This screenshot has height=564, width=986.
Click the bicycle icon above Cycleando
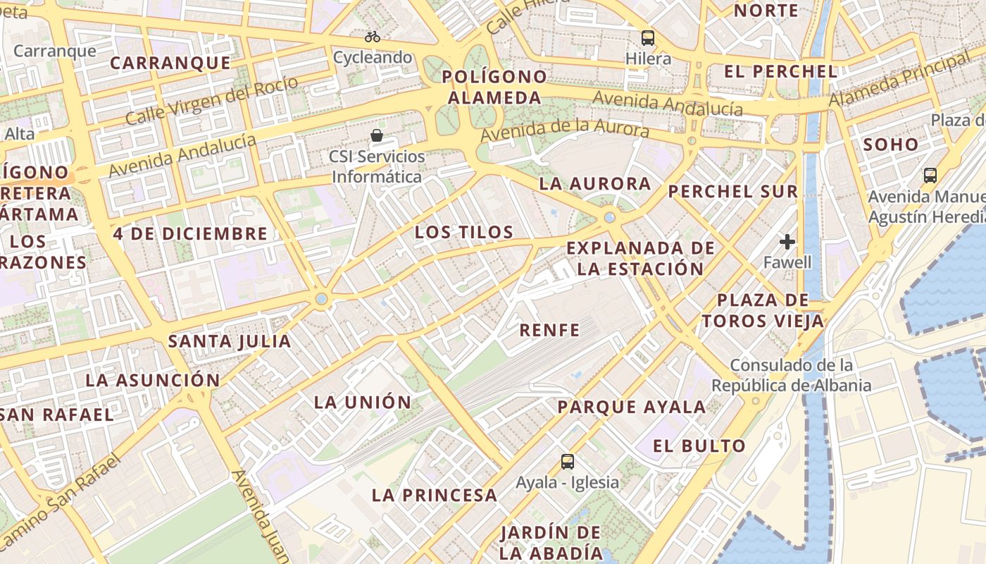(373, 37)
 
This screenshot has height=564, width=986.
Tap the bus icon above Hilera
(648, 38)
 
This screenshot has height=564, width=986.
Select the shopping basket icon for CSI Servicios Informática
(377, 135)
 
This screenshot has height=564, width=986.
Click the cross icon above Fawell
(787, 243)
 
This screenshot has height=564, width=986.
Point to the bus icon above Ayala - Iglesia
(568, 462)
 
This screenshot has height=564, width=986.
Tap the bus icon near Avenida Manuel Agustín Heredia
(930, 175)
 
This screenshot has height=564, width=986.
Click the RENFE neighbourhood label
(549, 330)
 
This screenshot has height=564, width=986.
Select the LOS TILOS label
(464, 232)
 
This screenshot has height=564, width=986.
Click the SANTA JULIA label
(230, 342)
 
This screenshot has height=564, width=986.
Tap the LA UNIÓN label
(363, 403)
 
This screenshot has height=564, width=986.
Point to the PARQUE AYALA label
(632, 407)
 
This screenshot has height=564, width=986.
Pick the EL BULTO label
(699, 446)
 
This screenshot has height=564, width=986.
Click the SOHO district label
(891, 145)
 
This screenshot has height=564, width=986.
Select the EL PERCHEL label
(781, 71)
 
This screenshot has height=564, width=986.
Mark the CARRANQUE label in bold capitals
(170, 63)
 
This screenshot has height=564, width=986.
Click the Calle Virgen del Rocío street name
(212, 100)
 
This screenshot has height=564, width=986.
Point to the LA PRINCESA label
(435, 495)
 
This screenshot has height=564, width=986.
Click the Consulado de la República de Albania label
(792, 376)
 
